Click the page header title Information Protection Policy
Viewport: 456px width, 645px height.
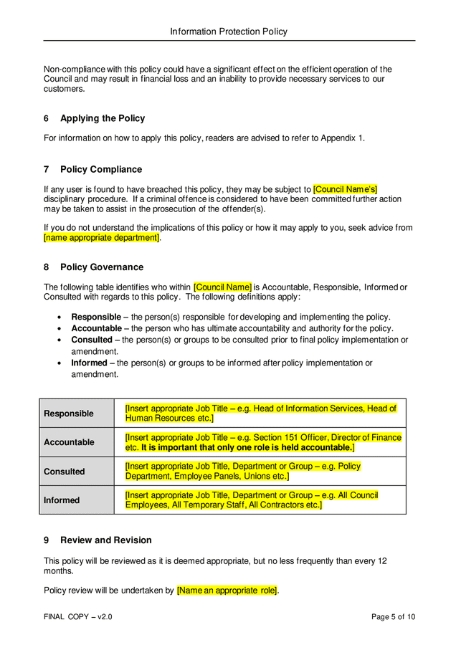tap(228, 32)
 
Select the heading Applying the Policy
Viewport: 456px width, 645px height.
tap(102, 118)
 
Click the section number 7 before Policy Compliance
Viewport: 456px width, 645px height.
tap(47, 169)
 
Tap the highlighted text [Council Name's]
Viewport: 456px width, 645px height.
tap(346, 189)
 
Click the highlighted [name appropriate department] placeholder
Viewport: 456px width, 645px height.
tap(101, 237)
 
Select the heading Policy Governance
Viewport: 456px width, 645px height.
tap(101, 267)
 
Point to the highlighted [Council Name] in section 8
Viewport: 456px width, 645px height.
tap(222, 287)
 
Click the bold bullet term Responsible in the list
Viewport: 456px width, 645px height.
tap(96, 317)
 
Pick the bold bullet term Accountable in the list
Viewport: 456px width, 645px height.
tap(96, 328)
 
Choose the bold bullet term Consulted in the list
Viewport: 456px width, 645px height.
tap(92, 340)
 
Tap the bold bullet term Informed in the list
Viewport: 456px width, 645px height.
tap(90, 363)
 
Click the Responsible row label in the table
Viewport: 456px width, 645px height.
tap(69, 414)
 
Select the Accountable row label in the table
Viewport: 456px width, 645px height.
tap(69, 442)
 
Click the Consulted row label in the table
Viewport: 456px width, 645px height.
tap(65, 472)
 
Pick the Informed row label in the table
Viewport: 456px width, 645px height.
tap(62, 500)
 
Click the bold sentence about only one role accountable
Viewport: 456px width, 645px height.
tap(247, 447)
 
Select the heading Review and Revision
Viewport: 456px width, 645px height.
tap(105, 540)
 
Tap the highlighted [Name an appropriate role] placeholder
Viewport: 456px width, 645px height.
tap(227, 591)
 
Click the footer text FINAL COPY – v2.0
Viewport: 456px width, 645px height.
tap(77, 617)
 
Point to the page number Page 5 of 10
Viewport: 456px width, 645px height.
tap(393, 617)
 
